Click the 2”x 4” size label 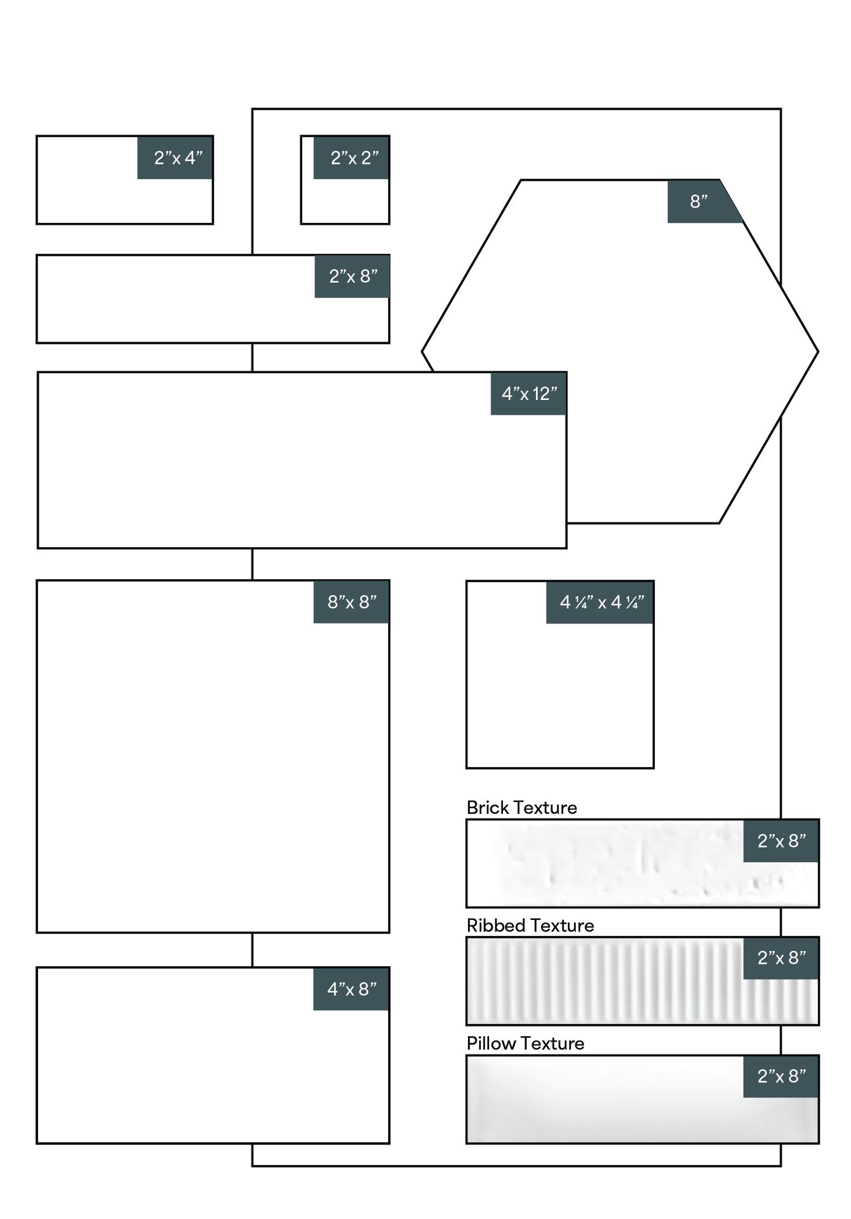tap(178, 158)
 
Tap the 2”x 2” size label tap(354, 158)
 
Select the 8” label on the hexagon tap(699, 201)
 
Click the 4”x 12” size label tap(529, 394)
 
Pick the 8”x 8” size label tap(352, 602)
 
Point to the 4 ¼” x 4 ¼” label tap(602, 602)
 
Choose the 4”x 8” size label tap(352, 989)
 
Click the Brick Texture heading tap(521, 808)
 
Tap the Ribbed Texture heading tap(530, 926)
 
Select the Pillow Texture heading tap(525, 1044)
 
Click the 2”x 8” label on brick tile tap(782, 841)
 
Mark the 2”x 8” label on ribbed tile tap(782, 958)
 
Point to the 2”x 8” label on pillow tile tap(782, 1076)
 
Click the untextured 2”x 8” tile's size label tap(353, 276)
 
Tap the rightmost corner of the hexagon tap(818, 352)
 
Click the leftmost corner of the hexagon tap(422, 352)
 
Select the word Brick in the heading tap(488, 808)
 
